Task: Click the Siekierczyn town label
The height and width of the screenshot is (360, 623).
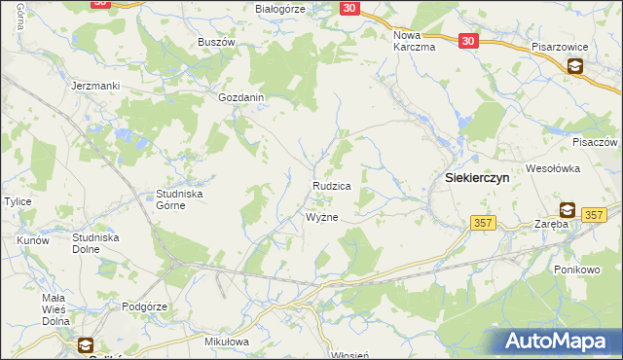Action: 477,179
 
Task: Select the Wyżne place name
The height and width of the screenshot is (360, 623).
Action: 322,217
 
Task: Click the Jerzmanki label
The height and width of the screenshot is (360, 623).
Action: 95,86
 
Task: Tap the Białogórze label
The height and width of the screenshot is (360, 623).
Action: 280,9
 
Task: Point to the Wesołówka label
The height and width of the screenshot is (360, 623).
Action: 554,167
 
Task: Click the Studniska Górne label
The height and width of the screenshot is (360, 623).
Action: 179,199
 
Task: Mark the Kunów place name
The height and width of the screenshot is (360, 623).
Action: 34,239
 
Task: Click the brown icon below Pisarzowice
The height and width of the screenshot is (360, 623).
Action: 575,66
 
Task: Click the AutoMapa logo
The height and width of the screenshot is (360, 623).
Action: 557,341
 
